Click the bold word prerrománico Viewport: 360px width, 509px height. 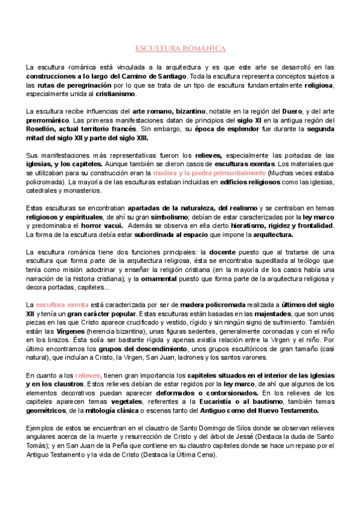click(49, 121)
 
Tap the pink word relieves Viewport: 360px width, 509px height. click(88, 376)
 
